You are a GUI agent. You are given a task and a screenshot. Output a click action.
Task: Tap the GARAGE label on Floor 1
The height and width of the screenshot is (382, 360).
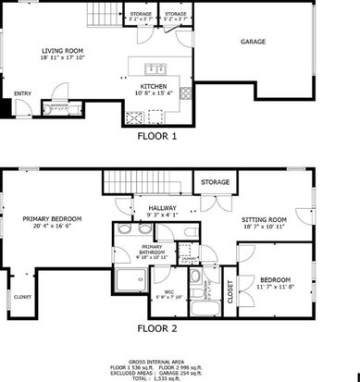point(254,43)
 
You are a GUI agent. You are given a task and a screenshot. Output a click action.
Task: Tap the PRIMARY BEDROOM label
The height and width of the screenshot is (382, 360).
point(52,218)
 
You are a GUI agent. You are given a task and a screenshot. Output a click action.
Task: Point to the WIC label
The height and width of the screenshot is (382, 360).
point(169,292)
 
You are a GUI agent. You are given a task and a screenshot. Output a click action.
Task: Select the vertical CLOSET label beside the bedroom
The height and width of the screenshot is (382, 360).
point(230,292)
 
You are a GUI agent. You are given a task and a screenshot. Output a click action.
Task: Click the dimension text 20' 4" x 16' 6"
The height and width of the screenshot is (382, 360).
point(52,226)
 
